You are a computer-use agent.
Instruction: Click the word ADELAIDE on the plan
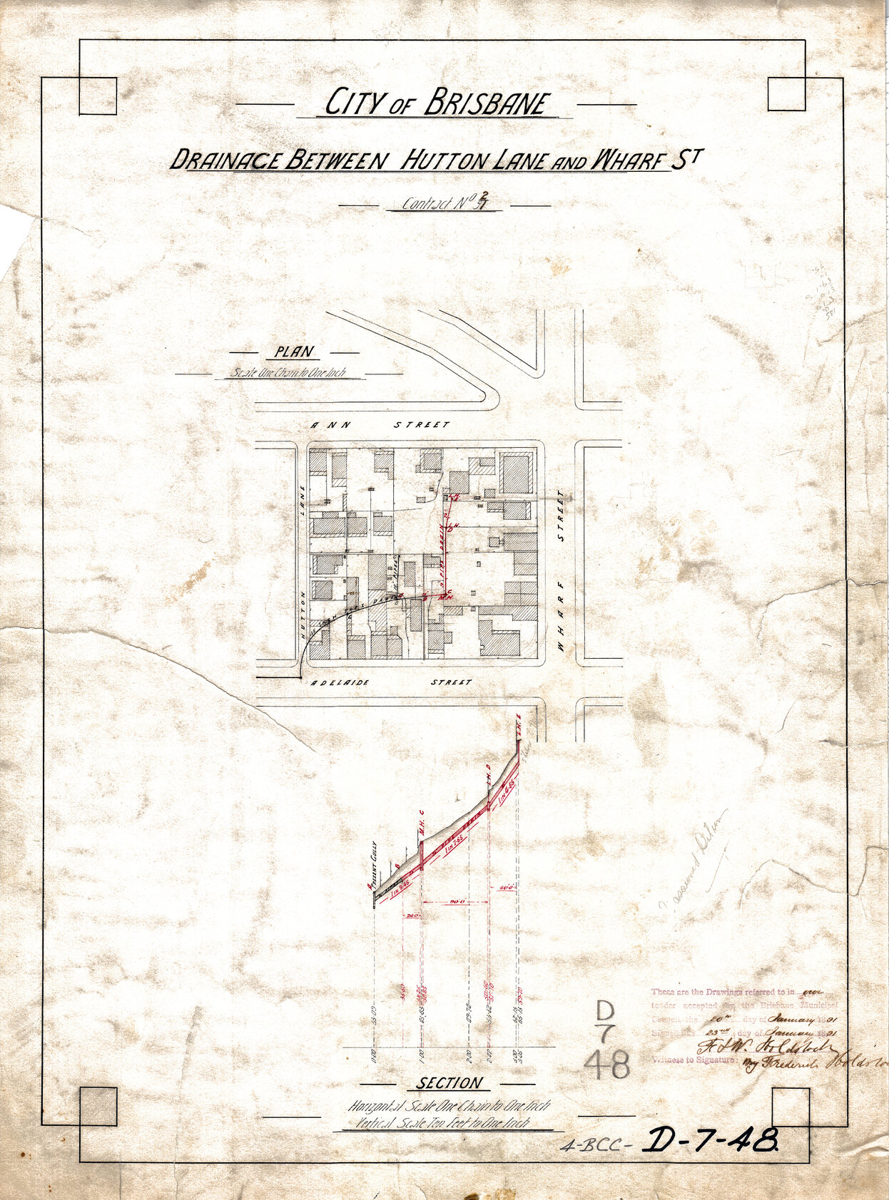click(340, 682)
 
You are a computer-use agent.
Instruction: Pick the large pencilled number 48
click(607, 1066)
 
